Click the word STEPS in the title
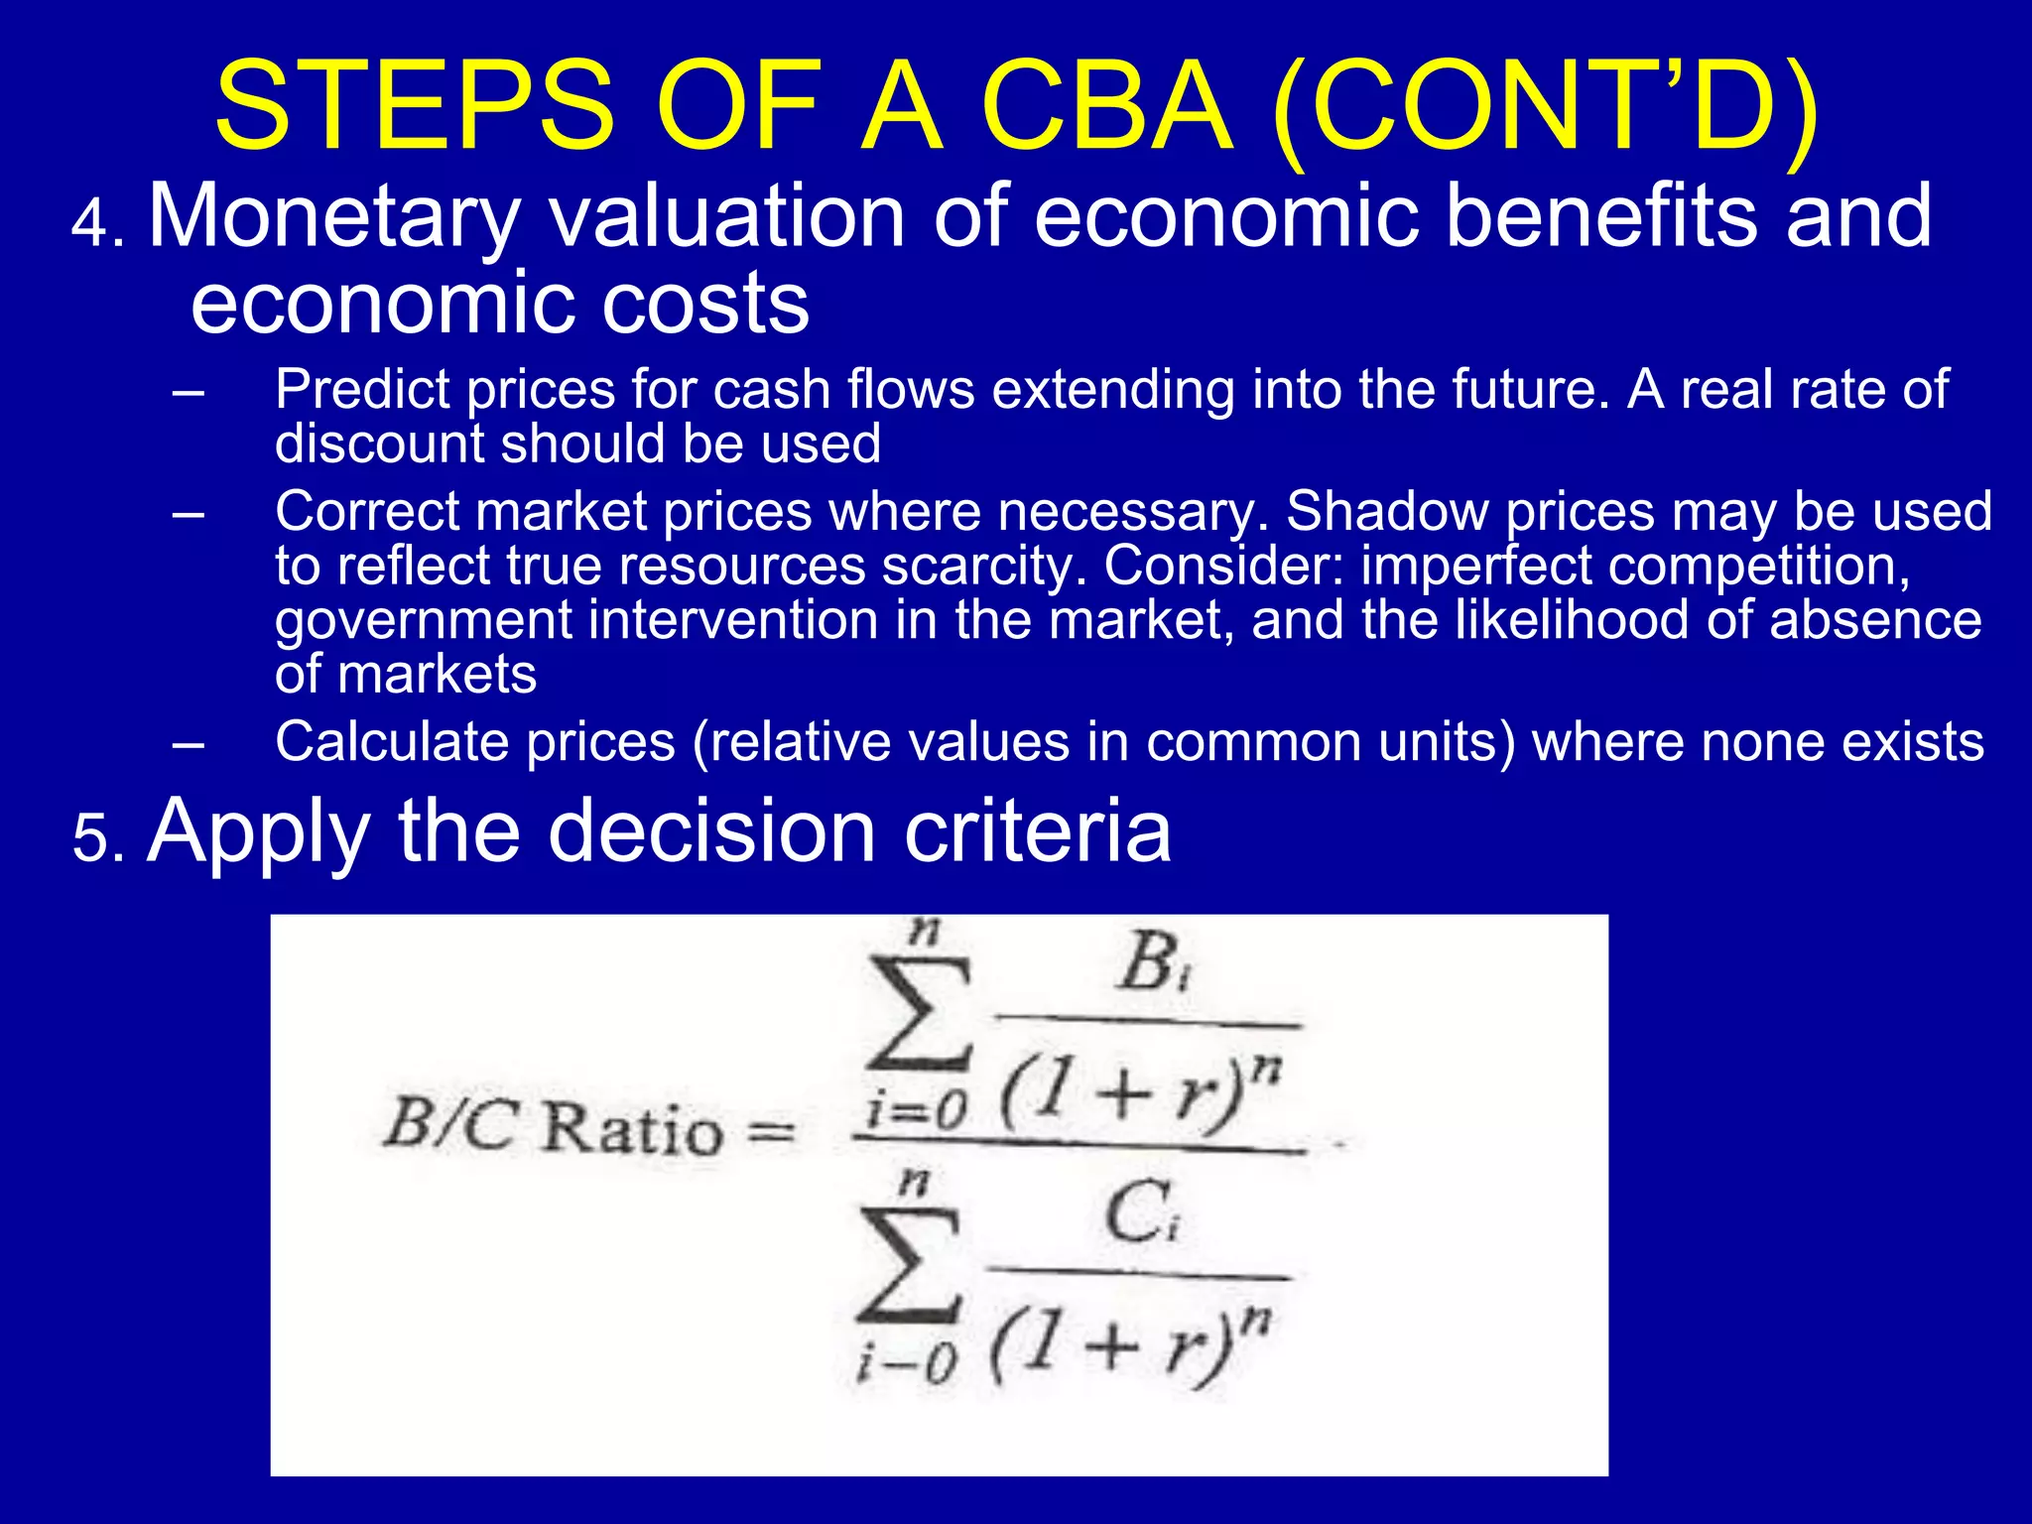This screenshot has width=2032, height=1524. tap(415, 107)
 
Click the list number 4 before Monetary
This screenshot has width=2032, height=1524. tap(91, 224)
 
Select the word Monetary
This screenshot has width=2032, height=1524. tap(333, 218)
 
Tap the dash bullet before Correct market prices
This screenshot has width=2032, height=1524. tap(188, 514)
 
